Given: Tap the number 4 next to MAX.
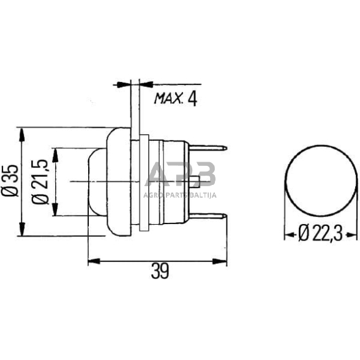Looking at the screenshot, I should tap(193, 97).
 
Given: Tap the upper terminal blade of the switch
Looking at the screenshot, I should tap(212, 148).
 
